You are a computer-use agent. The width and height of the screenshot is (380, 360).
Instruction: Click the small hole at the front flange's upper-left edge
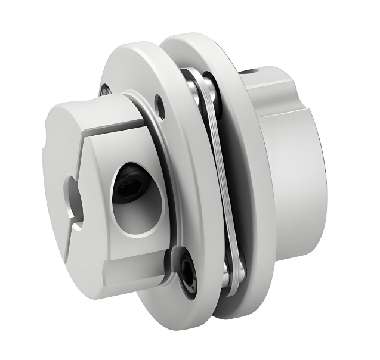pos(106,89)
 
